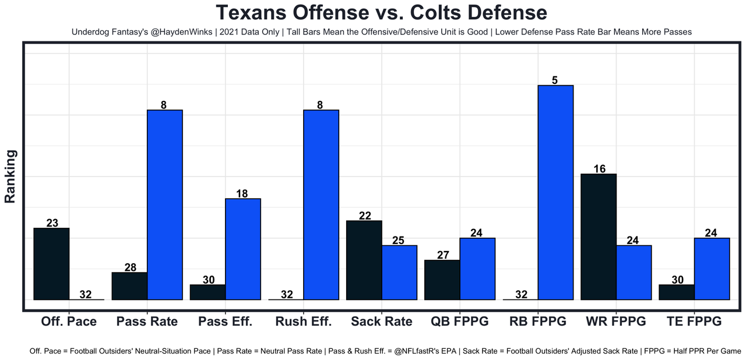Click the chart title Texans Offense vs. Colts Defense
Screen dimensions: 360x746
[381, 13]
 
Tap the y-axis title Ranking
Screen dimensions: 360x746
[10, 176]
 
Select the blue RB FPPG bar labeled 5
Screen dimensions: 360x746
[555, 192]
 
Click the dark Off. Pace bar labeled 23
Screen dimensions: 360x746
[52, 263]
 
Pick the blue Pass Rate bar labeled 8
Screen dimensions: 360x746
[165, 204]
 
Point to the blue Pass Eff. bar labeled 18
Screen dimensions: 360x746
[243, 249]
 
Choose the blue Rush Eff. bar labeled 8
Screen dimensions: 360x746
[321, 204]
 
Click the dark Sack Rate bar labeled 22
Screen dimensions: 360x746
[364, 260]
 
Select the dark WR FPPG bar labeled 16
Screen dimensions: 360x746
[599, 237]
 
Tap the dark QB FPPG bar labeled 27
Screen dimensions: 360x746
[442, 280]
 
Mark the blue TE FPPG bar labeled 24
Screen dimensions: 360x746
[712, 269]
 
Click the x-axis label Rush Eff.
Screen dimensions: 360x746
[303, 322]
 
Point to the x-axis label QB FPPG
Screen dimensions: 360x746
[459, 322]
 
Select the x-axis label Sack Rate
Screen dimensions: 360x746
[381, 322]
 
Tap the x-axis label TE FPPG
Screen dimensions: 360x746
[694, 322]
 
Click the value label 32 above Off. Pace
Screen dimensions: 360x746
[86, 295]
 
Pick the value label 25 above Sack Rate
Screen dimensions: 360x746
[399, 240]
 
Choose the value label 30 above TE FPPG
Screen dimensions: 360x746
[677, 280]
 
